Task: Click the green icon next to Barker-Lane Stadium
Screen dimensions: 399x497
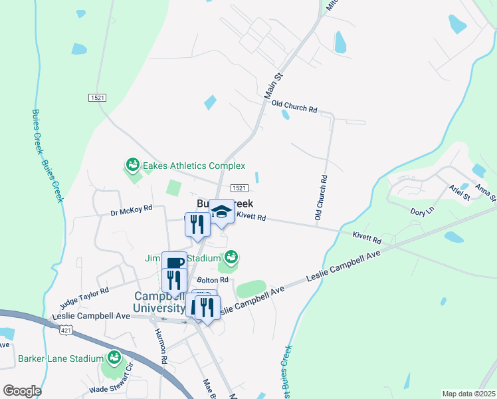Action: (114, 358)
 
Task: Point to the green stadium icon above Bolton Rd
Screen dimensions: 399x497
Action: (231, 256)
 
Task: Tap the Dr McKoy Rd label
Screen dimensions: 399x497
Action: (132, 209)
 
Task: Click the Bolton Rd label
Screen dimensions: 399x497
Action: (212, 281)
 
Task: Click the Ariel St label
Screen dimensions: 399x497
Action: (459, 193)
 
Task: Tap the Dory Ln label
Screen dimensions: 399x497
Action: (422, 211)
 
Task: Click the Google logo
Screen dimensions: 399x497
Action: (23, 391)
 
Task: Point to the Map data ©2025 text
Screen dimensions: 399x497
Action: (468, 394)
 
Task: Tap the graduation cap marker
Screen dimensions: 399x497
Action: (221, 211)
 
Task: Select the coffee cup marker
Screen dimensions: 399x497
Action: (174, 263)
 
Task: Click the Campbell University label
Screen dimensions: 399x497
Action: (159, 302)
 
